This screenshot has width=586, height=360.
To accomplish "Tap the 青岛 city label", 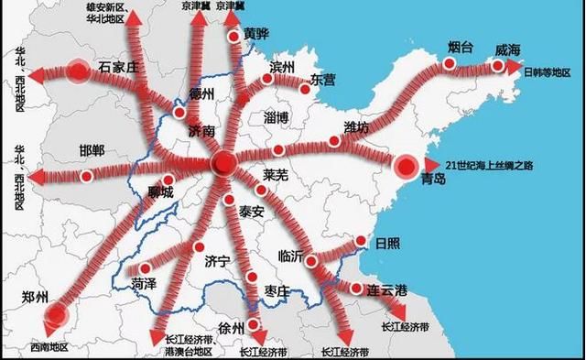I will pyautogui.click(x=429, y=180).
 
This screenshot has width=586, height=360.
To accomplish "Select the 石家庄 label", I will pyautogui.click(x=118, y=67).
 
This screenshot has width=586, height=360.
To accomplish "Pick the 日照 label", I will pyautogui.click(x=388, y=244).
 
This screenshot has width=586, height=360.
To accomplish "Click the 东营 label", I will pyautogui.click(x=324, y=79).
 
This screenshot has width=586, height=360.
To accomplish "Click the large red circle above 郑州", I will pyautogui.click(x=57, y=316).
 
